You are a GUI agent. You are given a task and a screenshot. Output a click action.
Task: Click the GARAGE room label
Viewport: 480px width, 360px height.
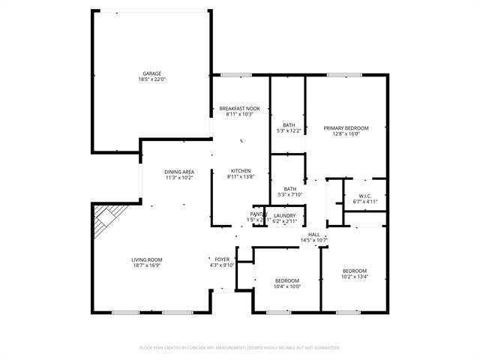point(151,73)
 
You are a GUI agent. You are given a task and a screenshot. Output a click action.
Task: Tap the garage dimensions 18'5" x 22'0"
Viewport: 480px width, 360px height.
point(151,79)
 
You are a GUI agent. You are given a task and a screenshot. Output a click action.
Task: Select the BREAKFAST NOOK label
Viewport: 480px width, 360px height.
point(240,109)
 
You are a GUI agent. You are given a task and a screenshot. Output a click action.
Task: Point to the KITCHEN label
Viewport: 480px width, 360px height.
point(240,171)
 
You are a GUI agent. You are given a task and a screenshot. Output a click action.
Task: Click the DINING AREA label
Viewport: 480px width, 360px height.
point(179,172)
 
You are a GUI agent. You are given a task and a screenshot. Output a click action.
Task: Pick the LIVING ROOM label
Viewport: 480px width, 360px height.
point(148,259)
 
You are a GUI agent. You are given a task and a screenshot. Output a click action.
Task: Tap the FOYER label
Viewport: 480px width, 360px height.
point(223,259)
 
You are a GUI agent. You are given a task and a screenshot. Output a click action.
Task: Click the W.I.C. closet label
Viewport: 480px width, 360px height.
point(364,196)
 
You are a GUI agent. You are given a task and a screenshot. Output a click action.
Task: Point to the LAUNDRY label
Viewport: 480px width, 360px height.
point(284,216)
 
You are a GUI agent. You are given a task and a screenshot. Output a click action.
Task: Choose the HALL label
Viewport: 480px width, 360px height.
point(314,235)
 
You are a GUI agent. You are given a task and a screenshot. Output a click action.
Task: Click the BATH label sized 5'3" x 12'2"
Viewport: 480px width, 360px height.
point(289,125)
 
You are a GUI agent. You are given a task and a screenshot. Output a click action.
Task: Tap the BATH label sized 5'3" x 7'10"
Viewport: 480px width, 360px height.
point(289,189)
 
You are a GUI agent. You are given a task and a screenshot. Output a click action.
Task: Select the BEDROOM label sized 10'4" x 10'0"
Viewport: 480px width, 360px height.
point(286,280)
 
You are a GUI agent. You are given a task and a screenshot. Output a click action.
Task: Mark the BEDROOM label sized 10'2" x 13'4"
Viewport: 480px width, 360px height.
point(355,271)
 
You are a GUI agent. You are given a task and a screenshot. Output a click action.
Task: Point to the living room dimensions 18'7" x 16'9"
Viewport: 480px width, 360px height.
point(148,265)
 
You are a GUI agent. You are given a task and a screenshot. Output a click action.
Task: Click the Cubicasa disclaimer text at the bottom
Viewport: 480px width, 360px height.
point(240,348)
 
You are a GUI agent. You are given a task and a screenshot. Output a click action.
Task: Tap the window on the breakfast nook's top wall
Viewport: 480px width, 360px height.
point(235,74)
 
